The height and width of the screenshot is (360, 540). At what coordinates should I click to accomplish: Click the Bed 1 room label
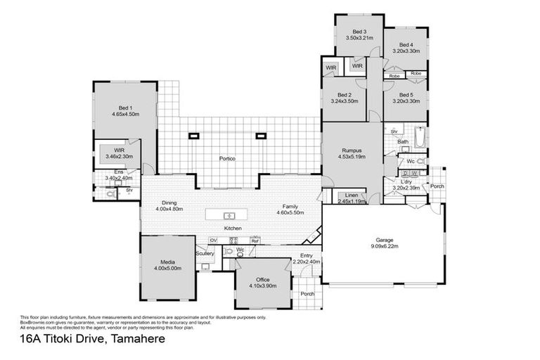[x=124, y=108]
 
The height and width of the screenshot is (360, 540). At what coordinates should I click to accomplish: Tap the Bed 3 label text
[x=359, y=32]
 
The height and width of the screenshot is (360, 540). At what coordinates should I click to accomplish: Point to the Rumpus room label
[x=352, y=150]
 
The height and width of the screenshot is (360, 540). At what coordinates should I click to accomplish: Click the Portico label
[x=226, y=159]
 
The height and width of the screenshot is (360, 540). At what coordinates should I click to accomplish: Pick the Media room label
[x=167, y=262]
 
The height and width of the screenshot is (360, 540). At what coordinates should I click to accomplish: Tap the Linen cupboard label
[x=351, y=195]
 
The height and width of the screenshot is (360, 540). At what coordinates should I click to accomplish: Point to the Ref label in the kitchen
[x=255, y=240]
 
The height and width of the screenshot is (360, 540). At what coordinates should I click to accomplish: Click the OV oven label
[x=213, y=240]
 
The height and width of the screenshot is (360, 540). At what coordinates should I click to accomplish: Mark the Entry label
[x=306, y=255]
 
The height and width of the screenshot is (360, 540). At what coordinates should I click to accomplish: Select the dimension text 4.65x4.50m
[x=124, y=114]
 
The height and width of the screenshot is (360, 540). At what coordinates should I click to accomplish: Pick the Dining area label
[x=169, y=202]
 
